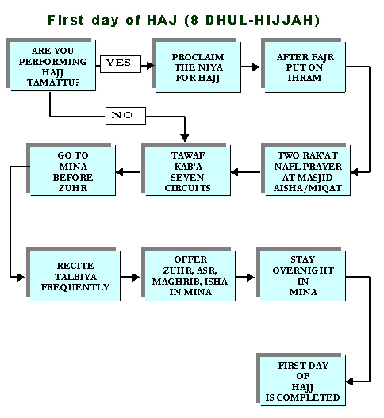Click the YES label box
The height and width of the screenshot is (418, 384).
pyautogui.click(x=121, y=63)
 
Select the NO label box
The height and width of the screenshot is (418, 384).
pyautogui.click(x=125, y=116)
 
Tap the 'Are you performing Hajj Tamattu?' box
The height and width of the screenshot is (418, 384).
pyautogui.click(x=52, y=65)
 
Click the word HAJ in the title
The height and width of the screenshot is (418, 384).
pyautogui.click(x=162, y=21)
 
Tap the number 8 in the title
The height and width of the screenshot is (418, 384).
pyautogui.click(x=194, y=21)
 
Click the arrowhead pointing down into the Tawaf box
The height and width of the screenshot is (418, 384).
pyautogui.click(x=185, y=138)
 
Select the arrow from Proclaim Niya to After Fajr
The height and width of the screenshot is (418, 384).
pyautogui.click(x=251, y=67)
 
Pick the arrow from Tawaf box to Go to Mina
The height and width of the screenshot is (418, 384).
pyautogui.click(x=129, y=172)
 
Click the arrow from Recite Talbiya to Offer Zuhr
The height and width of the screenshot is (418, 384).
pyautogui.click(x=130, y=277)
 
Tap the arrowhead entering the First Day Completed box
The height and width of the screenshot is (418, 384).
pyautogui.click(x=350, y=382)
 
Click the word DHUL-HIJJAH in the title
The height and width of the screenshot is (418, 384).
pyautogui.click(x=260, y=21)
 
